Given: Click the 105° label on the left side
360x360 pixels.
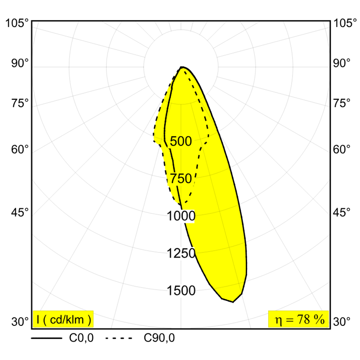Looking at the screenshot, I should tap(18, 23).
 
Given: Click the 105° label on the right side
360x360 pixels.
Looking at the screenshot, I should tap(342, 23).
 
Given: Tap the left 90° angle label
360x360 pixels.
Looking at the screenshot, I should tap(20, 63).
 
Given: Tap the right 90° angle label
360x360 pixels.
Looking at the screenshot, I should tap(341, 63).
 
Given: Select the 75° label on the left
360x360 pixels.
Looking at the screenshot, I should tap(20, 103).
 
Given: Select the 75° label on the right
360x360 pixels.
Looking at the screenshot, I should tap(341, 103).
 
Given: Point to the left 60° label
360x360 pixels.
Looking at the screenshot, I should tap(20, 149).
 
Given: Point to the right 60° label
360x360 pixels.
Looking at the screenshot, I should tap(341, 149).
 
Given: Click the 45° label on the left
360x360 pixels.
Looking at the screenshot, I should tap(20, 211).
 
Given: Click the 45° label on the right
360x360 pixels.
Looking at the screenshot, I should tap(341, 211).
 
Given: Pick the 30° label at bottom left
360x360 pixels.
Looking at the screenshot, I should tap(20, 322).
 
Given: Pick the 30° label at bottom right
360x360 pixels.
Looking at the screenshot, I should tap(341, 322).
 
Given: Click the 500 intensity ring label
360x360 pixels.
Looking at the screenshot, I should tap(181, 141).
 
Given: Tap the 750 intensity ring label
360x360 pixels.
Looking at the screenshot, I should tap(181, 179).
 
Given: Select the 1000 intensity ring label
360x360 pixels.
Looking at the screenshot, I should tap(181, 216).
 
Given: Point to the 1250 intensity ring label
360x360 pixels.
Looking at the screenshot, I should tap(181, 253).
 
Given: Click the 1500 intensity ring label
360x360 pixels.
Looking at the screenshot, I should tap(181, 291).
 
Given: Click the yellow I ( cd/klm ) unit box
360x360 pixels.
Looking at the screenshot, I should tap(63, 319).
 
